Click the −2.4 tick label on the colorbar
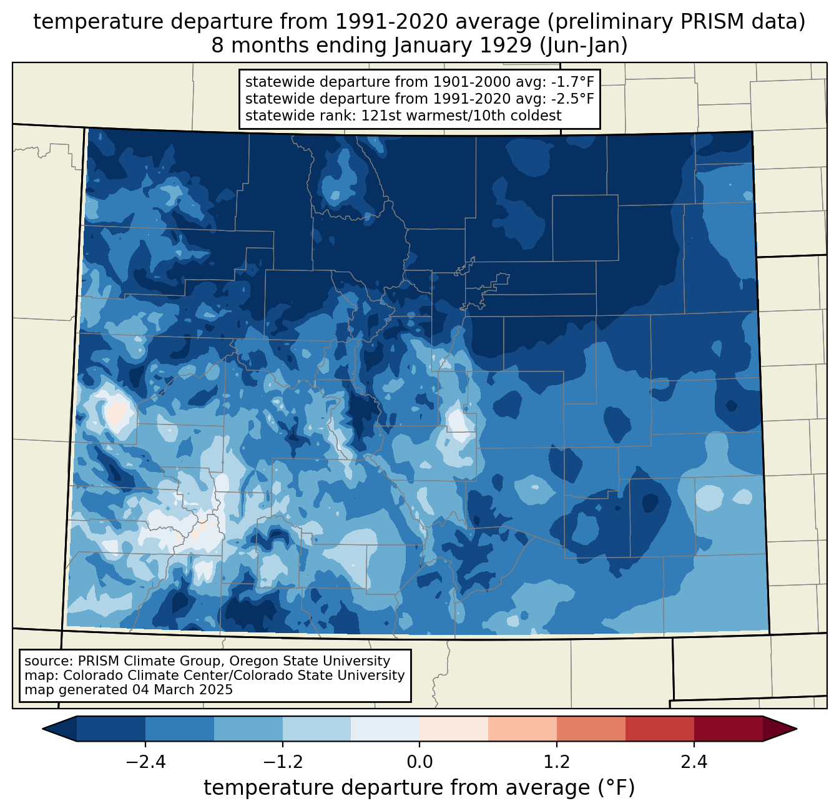pos(145,762)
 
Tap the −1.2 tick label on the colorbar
pos(283,762)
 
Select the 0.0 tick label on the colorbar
pos(419,762)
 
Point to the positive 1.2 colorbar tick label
pos(557,762)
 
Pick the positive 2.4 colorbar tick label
pos(694,762)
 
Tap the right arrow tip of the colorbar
pos(795,729)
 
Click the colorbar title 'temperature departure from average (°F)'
pos(419,788)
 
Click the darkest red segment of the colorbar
pos(729,729)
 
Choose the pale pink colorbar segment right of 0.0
pos(454,729)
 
